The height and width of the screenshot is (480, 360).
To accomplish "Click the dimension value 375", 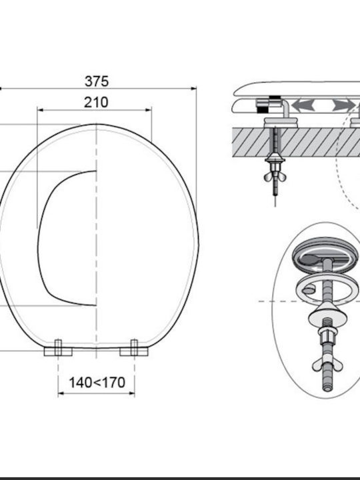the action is (97, 81).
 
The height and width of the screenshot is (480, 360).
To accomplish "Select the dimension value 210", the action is (96, 102).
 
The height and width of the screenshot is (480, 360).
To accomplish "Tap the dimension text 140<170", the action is (97, 383).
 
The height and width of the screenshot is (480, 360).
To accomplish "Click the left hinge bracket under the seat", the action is (58, 349).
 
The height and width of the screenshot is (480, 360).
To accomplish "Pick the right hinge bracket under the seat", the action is (134, 349).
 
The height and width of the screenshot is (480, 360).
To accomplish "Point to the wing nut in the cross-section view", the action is (275, 176).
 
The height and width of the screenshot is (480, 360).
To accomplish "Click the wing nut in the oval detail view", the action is (326, 365).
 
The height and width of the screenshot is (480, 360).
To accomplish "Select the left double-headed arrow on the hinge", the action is (303, 105).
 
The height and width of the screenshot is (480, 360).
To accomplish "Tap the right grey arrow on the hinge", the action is (343, 105).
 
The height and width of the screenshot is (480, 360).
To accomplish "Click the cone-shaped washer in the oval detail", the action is (325, 313).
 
